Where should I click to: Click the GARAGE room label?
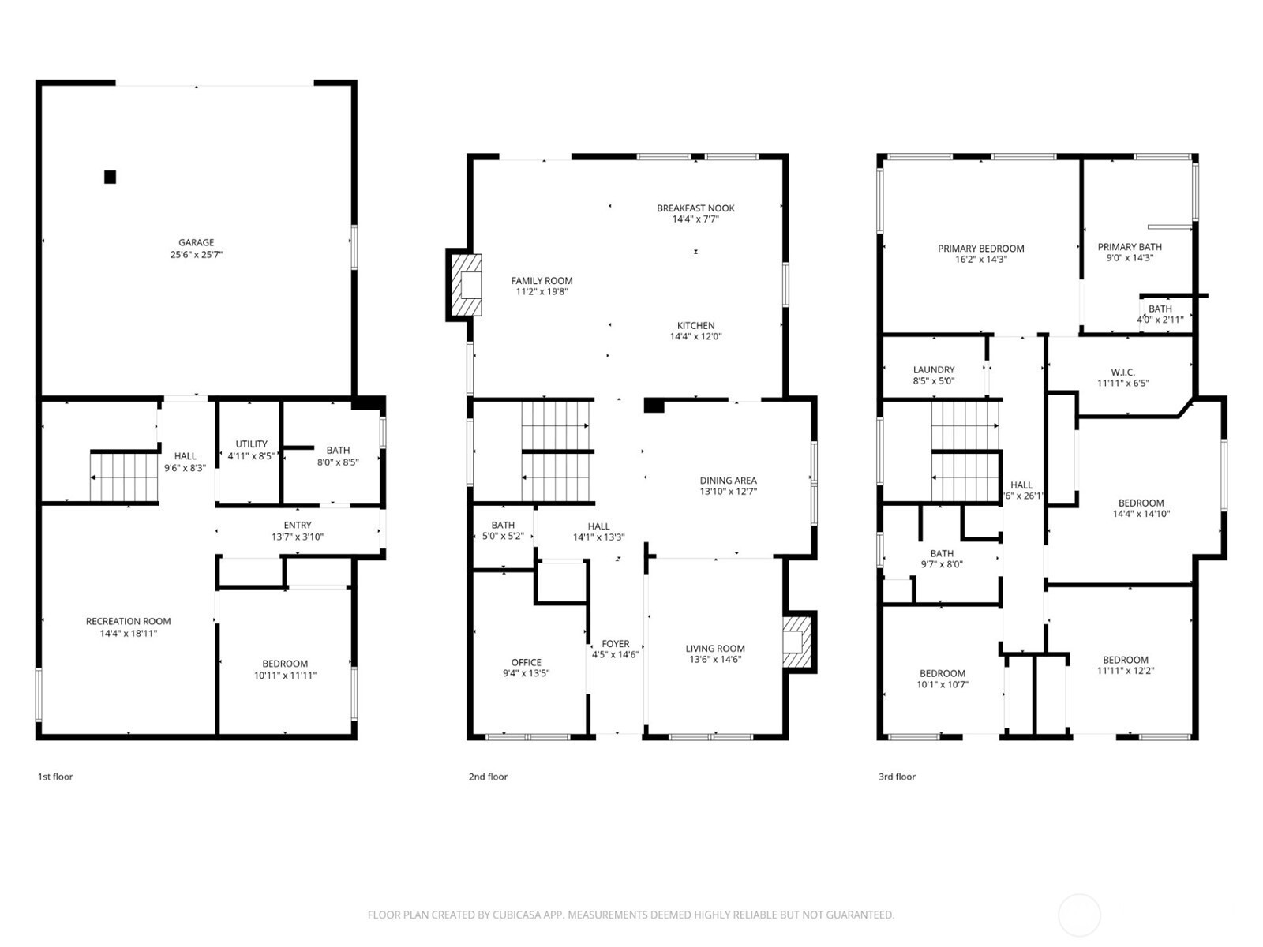point(197,242)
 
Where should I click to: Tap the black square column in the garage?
point(110,177)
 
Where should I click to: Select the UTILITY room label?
point(252,444)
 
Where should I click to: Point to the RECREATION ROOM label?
point(129,621)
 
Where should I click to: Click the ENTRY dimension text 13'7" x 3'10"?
point(298,537)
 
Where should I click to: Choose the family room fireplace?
point(464,285)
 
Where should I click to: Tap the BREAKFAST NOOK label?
point(695,208)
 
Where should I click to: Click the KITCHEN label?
point(695,325)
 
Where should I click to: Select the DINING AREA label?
point(728,480)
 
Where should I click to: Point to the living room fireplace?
point(799,642)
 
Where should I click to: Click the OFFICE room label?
point(526,662)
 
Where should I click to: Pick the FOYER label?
point(616,644)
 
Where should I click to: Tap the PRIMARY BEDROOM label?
point(981,249)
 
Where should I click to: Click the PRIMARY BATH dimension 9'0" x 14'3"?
point(1130,257)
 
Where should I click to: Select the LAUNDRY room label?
point(934,369)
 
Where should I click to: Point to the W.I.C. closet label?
point(1122,372)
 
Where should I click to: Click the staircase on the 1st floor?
point(124,477)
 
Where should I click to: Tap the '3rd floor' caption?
point(897,777)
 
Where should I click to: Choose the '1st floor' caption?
point(55,777)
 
